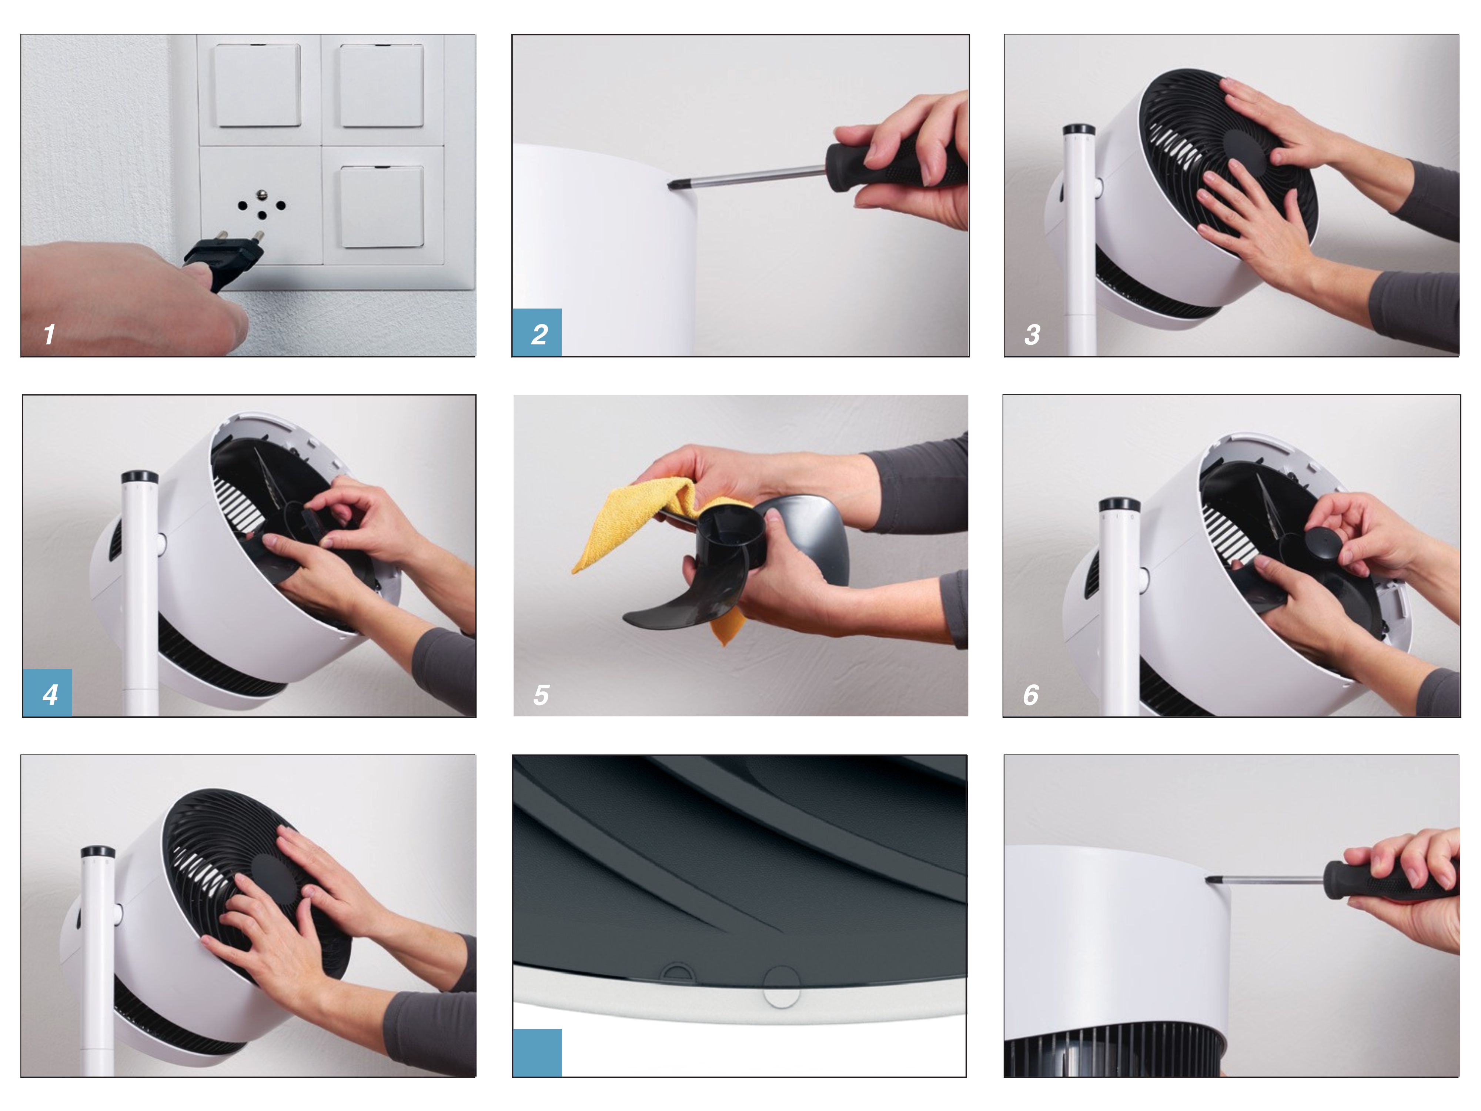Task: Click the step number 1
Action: click(49, 334)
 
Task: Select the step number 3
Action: click(1032, 334)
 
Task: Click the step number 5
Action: click(541, 694)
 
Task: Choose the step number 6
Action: click(1031, 694)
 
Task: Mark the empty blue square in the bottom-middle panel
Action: click(537, 1053)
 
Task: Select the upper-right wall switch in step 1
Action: click(382, 85)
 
